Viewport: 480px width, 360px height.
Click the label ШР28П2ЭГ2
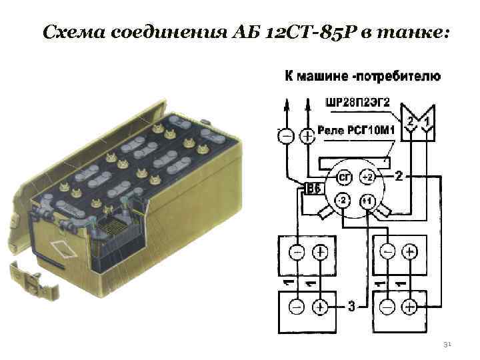(x=357, y=104)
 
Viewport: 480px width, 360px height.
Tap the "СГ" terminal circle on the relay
(x=344, y=177)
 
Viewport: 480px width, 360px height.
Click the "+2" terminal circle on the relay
(x=367, y=177)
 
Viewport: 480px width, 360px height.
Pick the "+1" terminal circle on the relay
(x=367, y=201)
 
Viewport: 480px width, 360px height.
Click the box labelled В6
(x=313, y=189)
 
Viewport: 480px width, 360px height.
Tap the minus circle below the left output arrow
(x=285, y=136)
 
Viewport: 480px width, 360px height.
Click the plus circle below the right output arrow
(x=307, y=136)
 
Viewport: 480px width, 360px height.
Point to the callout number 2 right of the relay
(x=398, y=177)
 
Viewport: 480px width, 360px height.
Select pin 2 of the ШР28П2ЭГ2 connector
(x=411, y=122)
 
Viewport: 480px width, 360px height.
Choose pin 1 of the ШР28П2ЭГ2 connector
(x=427, y=122)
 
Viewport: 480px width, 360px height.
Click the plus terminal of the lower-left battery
(x=321, y=307)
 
